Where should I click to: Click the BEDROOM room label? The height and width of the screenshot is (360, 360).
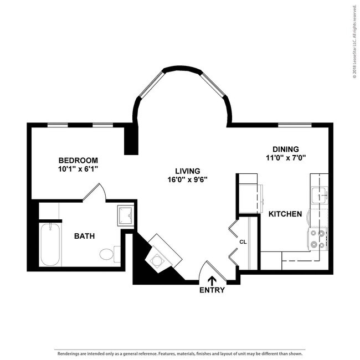(x=78, y=160)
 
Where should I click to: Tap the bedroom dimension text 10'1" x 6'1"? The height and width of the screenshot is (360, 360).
(x=78, y=169)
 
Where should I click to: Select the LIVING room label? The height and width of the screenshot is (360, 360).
(x=188, y=171)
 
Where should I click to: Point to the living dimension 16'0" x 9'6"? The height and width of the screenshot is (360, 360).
(x=188, y=179)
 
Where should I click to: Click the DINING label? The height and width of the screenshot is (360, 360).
(x=286, y=149)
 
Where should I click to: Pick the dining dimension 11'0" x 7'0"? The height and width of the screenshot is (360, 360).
(x=286, y=158)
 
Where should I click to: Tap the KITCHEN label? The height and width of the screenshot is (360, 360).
(x=285, y=214)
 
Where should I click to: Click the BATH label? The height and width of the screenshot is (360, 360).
(x=85, y=236)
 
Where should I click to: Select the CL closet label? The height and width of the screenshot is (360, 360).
(x=243, y=242)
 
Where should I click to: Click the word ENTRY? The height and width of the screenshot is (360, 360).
(x=212, y=290)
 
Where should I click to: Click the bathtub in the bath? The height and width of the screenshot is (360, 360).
(x=50, y=245)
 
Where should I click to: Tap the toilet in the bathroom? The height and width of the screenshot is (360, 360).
(x=110, y=254)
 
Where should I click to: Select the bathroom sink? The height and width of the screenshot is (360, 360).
(x=125, y=216)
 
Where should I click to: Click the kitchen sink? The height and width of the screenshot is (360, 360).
(x=320, y=196)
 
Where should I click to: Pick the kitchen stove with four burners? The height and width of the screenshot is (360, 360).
(x=318, y=239)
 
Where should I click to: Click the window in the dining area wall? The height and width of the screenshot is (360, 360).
(x=295, y=125)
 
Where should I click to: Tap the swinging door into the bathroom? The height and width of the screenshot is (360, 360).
(x=94, y=192)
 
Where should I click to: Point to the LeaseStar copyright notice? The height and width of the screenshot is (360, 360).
(x=355, y=42)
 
